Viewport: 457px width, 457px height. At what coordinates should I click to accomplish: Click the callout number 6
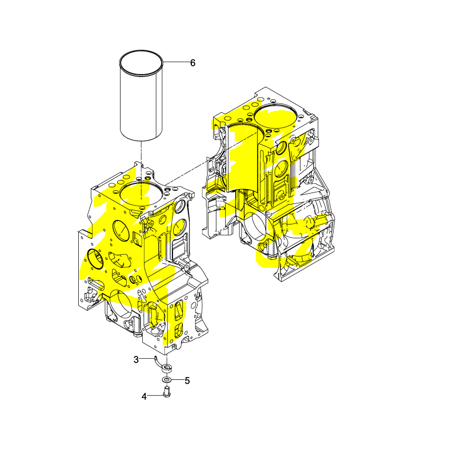click(x=193, y=63)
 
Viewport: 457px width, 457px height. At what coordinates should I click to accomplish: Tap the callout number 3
click(x=136, y=360)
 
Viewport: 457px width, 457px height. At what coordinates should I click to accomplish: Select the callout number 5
click(x=187, y=380)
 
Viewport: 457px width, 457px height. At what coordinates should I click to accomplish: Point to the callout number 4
click(x=144, y=396)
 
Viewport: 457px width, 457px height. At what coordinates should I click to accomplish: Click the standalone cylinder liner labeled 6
click(x=141, y=96)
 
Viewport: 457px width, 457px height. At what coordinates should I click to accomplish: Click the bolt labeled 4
click(x=167, y=391)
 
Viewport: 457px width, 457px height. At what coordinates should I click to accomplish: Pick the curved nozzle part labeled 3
click(x=163, y=366)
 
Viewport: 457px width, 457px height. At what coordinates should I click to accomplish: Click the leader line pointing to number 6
click(x=176, y=62)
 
